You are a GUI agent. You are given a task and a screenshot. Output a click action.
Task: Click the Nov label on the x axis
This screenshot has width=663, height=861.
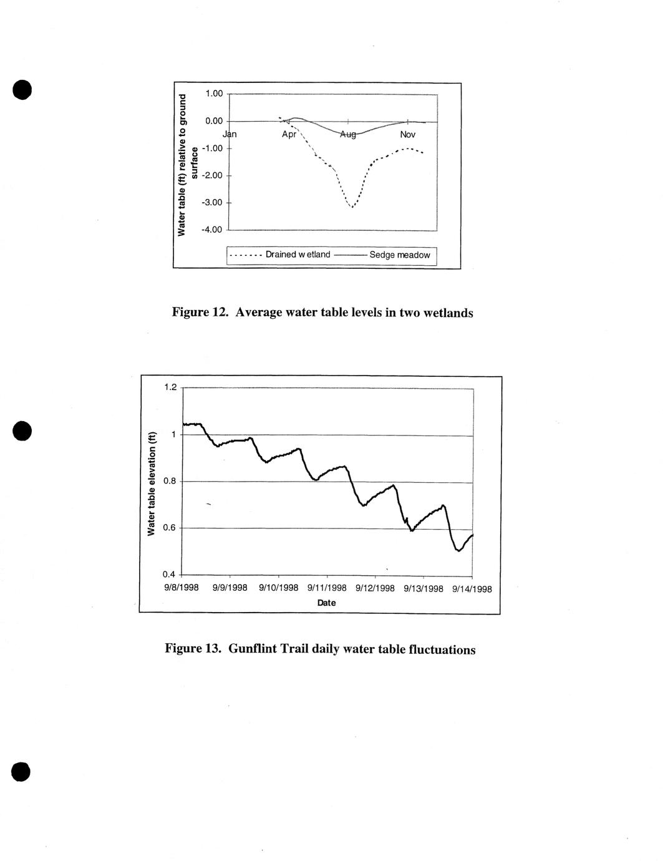[407, 134]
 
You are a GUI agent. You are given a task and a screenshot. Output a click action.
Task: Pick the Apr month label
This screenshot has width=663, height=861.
[289, 134]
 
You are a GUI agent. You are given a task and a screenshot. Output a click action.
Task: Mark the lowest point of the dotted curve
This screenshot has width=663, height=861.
[352, 207]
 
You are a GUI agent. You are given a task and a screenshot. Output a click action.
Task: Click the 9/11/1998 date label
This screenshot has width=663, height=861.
[327, 588]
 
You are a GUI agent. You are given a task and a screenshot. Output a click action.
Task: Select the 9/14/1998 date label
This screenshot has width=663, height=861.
[472, 588]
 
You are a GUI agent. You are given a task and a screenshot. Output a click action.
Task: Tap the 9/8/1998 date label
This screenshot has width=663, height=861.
[181, 587]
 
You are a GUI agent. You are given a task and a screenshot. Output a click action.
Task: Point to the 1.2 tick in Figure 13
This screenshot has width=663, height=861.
[170, 387]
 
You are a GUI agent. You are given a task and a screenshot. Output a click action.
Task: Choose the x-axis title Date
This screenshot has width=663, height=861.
[326, 603]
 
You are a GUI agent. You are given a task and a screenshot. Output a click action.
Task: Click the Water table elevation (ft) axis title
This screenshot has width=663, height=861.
[151, 484]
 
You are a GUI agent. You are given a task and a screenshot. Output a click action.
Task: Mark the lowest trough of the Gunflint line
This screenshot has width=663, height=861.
[458, 550]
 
